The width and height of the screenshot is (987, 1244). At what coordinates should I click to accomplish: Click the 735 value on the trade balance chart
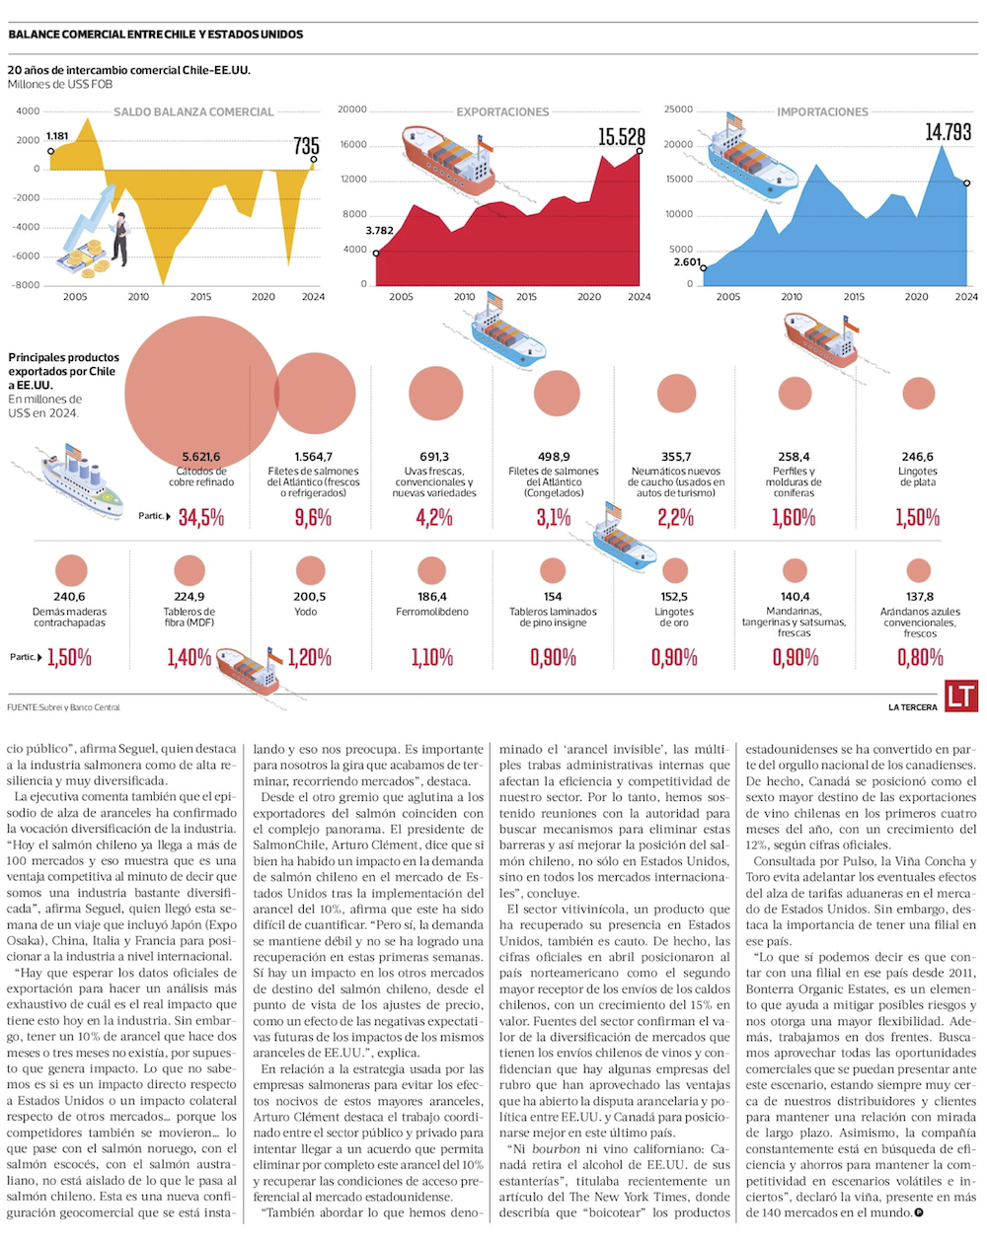(x=307, y=146)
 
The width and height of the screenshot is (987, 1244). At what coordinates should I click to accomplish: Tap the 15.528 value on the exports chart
(x=621, y=137)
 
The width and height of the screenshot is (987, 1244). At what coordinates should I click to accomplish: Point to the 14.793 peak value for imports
(x=948, y=132)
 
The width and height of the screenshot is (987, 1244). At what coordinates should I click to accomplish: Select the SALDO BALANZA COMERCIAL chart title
(x=193, y=112)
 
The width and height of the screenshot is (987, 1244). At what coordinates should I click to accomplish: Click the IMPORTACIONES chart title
(x=822, y=112)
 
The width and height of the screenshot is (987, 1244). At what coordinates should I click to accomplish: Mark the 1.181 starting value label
(x=57, y=136)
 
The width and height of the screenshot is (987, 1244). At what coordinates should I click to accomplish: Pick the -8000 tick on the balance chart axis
(x=27, y=285)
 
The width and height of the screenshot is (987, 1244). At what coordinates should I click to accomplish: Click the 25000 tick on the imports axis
(x=678, y=110)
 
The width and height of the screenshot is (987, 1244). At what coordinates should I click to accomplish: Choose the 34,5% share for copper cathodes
(x=201, y=517)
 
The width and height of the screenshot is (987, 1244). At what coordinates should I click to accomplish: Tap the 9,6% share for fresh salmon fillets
(x=313, y=517)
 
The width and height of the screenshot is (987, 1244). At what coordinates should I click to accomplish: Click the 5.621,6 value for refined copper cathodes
(x=200, y=457)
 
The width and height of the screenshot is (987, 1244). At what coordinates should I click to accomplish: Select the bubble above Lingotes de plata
(x=919, y=394)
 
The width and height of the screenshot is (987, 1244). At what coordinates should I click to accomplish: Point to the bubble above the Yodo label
(x=310, y=570)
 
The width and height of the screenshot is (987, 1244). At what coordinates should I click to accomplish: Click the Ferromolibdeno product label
(x=432, y=612)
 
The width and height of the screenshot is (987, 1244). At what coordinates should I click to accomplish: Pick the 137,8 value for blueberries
(x=920, y=597)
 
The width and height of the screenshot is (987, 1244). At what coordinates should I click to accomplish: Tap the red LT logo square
(x=960, y=695)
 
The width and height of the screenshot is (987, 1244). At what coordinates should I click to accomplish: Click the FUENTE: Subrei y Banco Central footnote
(x=63, y=707)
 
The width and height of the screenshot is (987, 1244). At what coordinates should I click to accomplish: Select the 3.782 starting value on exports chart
(x=379, y=231)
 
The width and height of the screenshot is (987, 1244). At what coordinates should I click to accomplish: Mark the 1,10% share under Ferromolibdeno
(x=432, y=657)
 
